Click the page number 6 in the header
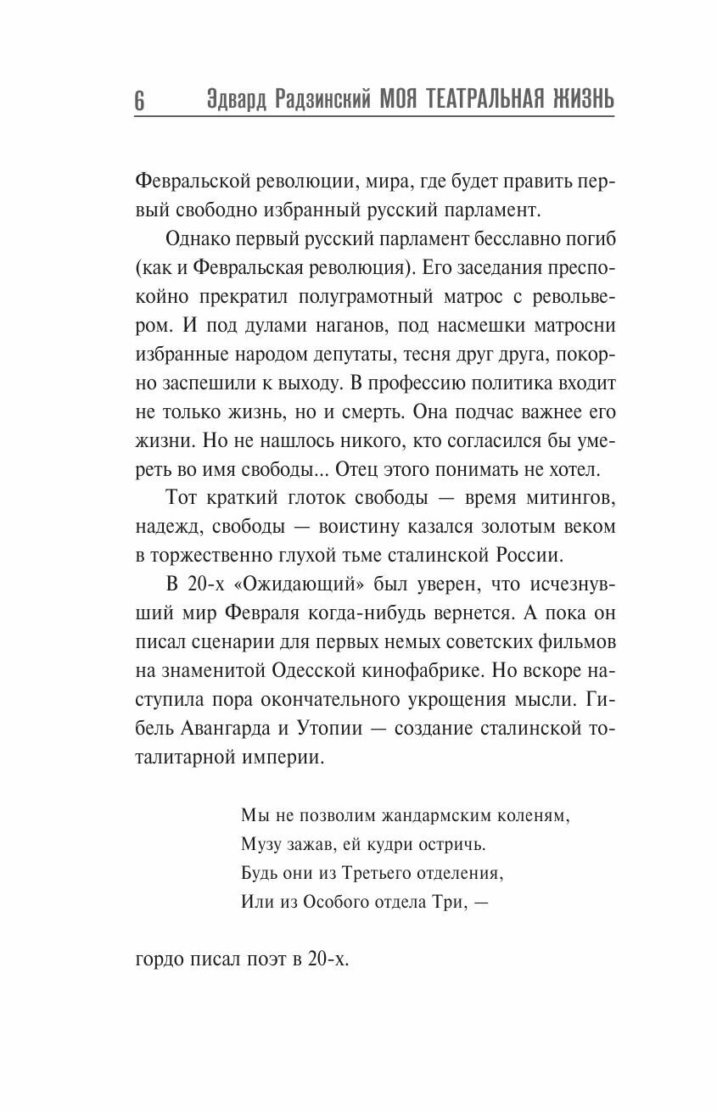(139, 100)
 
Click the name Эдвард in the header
(238, 100)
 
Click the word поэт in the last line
(261, 961)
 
